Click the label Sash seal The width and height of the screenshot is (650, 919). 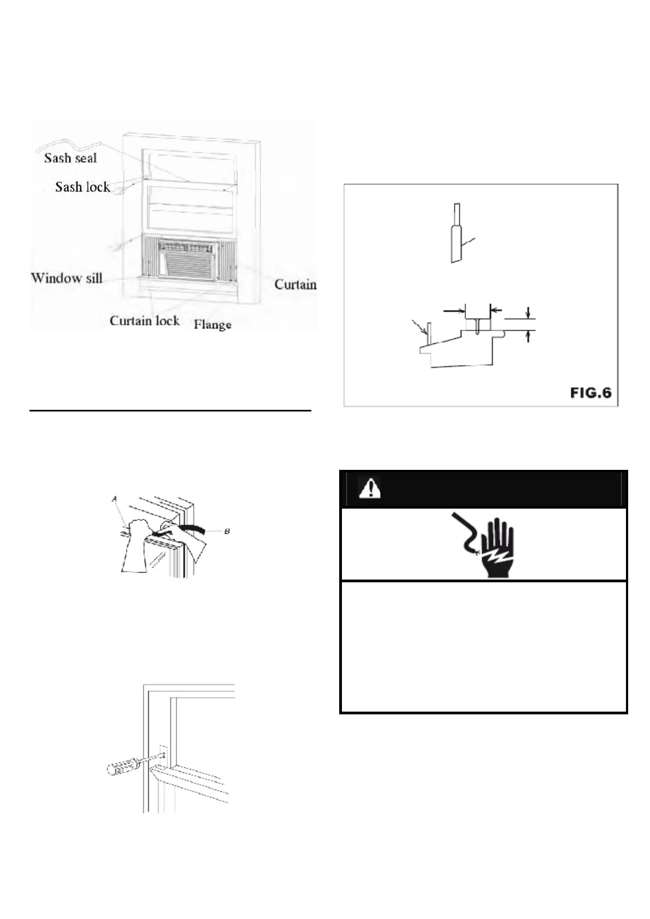pyautogui.click(x=70, y=158)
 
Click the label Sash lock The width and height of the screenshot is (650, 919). pyautogui.click(x=82, y=187)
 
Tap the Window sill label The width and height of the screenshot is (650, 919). pyautogui.click(x=67, y=278)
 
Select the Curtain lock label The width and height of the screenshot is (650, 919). pyautogui.click(x=144, y=320)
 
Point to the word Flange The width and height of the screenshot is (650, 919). pyautogui.click(x=212, y=325)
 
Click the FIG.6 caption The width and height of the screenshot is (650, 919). pyautogui.click(x=591, y=392)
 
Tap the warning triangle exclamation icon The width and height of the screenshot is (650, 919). pyautogui.click(x=369, y=488)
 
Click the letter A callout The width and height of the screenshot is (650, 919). pyautogui.click(x=115, y=499)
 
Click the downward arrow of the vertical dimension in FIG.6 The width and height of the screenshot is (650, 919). pyautogui.click(x=528, y=313)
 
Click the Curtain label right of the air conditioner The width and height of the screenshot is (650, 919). pyautogui.click(x=295, y=285)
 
